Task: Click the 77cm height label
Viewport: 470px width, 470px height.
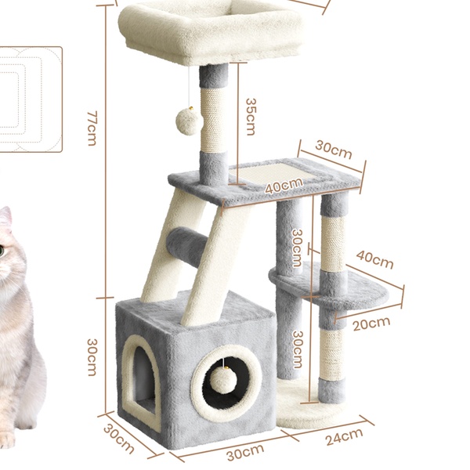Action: pos(92,128)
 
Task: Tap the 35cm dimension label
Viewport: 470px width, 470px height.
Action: pos(251,117)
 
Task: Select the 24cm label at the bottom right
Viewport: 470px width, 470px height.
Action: pos(345,436)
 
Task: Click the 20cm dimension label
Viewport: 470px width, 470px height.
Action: pos(371,324)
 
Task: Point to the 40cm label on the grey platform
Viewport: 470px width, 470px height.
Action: pos(284,186)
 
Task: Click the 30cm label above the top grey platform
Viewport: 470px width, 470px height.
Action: pos(334,150)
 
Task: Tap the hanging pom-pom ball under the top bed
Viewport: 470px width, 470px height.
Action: pos(187,121)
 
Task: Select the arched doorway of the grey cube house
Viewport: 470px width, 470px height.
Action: pos(141,378)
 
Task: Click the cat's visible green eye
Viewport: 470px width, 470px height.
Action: pos(2,251)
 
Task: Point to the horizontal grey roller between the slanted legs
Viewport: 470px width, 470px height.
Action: pos(187,244)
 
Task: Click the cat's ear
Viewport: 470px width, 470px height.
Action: pos(5,216)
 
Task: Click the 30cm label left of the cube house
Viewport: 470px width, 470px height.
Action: pos(92,357)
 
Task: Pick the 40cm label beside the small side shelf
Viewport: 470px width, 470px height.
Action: pos(374,259)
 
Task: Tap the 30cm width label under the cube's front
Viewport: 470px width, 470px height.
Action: pos(245,452)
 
